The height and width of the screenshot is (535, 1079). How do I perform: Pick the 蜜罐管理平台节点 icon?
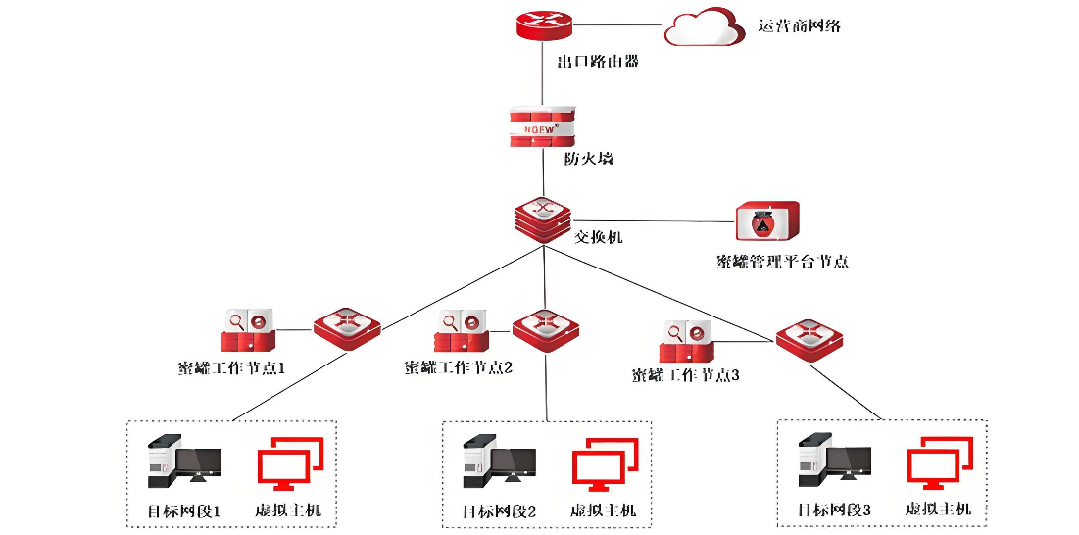tap(767, 222)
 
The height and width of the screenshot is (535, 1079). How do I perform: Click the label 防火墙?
tap(588, 158)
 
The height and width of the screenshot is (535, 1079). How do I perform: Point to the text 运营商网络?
tap(800, 25)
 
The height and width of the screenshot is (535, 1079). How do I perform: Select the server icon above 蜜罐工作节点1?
tap(247, 331)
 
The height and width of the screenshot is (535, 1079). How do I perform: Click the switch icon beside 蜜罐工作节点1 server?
tap(347, 325)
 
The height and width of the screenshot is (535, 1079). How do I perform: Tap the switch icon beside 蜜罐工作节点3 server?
tap(810, 339)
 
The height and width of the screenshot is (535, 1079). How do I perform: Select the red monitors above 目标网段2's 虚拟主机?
tap(605, 464)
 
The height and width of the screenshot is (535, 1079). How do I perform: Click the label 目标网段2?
tap(499, 511)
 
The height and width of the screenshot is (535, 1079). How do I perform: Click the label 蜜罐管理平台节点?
tap(781, 261)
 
